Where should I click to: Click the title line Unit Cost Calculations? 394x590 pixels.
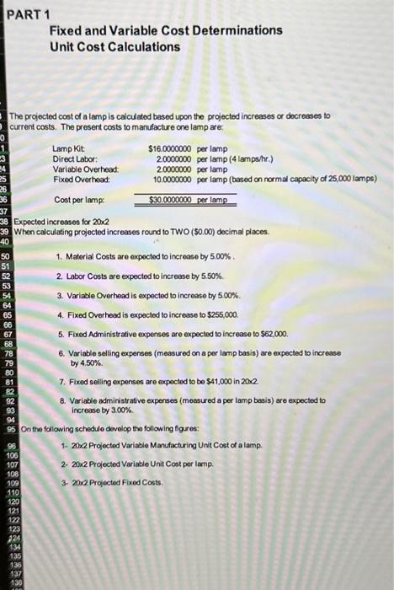(x=114, y=46)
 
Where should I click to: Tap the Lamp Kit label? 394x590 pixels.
(x=69, y=148)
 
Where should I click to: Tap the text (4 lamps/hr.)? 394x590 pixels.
(x=260, y=158)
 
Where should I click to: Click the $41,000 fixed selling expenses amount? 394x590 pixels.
(x=221, y=382)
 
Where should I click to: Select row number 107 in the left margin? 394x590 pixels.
(x=12, y=463)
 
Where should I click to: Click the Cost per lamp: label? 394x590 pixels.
(x=78, y=200)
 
